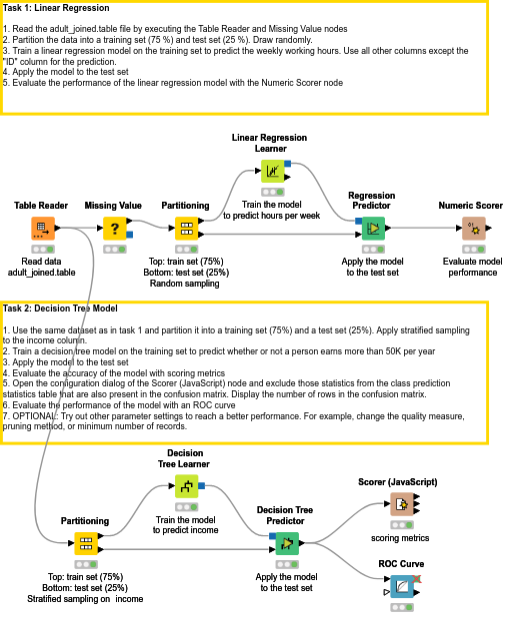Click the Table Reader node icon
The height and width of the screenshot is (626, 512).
coord(41,229)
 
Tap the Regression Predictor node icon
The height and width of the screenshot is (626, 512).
coord(372,229)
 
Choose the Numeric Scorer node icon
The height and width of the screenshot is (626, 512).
coord(474,229)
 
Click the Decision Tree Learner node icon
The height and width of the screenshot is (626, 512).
coord(186,486)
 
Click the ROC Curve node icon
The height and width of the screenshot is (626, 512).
coord(400,587)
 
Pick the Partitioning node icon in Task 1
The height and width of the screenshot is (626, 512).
coord(186,229)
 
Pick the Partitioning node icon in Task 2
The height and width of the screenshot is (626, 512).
coord(85,544)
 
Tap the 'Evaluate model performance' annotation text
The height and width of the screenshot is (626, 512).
coord(474,265)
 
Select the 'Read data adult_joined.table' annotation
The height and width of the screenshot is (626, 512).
coord(41,265)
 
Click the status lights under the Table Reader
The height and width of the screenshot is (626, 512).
coord(41,248)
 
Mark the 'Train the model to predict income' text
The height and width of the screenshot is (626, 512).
coord(186,525)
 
